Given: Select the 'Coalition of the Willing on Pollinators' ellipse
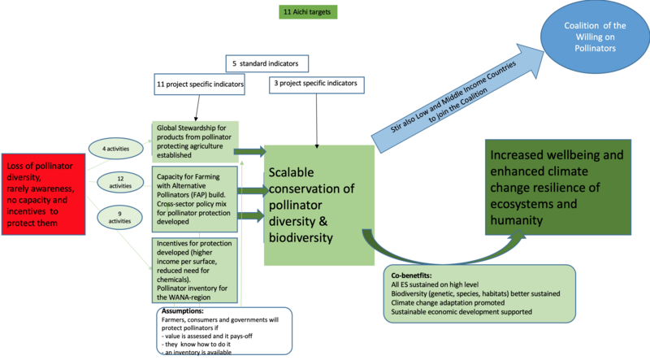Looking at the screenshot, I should coord(596,37).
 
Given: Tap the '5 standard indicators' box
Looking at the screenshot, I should coord(266,63).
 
